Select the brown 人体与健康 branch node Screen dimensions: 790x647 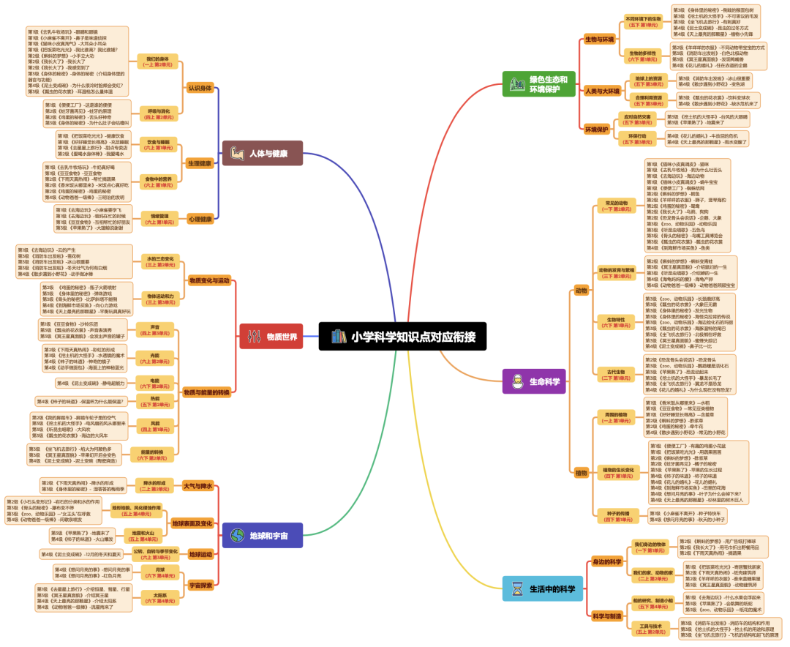[262, 154]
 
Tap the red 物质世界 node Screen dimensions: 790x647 [271, 337]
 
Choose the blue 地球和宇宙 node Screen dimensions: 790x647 [262, 536]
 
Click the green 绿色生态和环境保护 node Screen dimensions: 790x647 [539, 83]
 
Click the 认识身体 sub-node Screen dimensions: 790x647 [200, 88]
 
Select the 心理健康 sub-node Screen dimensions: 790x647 [200, 218]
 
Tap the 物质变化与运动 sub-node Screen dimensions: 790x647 [209, 280]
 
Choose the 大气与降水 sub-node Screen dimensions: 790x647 [197, 486]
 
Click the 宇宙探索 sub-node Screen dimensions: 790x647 [200, 585]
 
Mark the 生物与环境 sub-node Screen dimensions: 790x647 [600, 39]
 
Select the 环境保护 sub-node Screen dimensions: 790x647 [596, 129]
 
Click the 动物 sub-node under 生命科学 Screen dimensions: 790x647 [582, 290]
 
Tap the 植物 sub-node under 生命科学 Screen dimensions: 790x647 [582, 472]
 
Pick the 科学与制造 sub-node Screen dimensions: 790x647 [606, 616]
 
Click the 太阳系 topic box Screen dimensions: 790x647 [155, 596]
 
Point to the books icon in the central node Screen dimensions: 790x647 [337, 337]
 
